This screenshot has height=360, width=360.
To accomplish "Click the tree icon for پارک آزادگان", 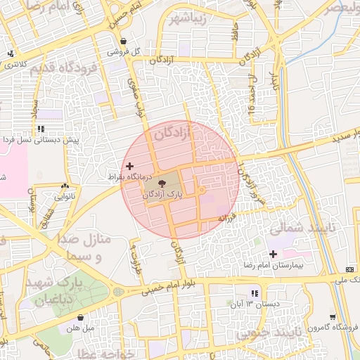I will (x=163, y=183).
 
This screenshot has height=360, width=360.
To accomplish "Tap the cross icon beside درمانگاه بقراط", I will (x=128, y=166).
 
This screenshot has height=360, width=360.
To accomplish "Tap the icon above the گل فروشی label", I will (x=124, y=41).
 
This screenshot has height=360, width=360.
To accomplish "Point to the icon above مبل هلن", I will (x=82, y=318).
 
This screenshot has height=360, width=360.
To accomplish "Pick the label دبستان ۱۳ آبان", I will (x=255, y=304).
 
